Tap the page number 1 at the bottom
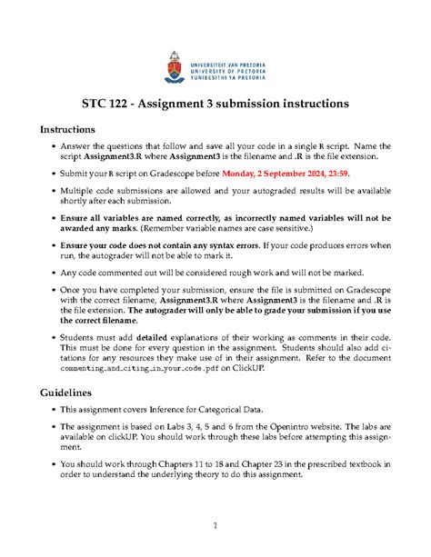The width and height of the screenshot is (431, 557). point(215,525)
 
